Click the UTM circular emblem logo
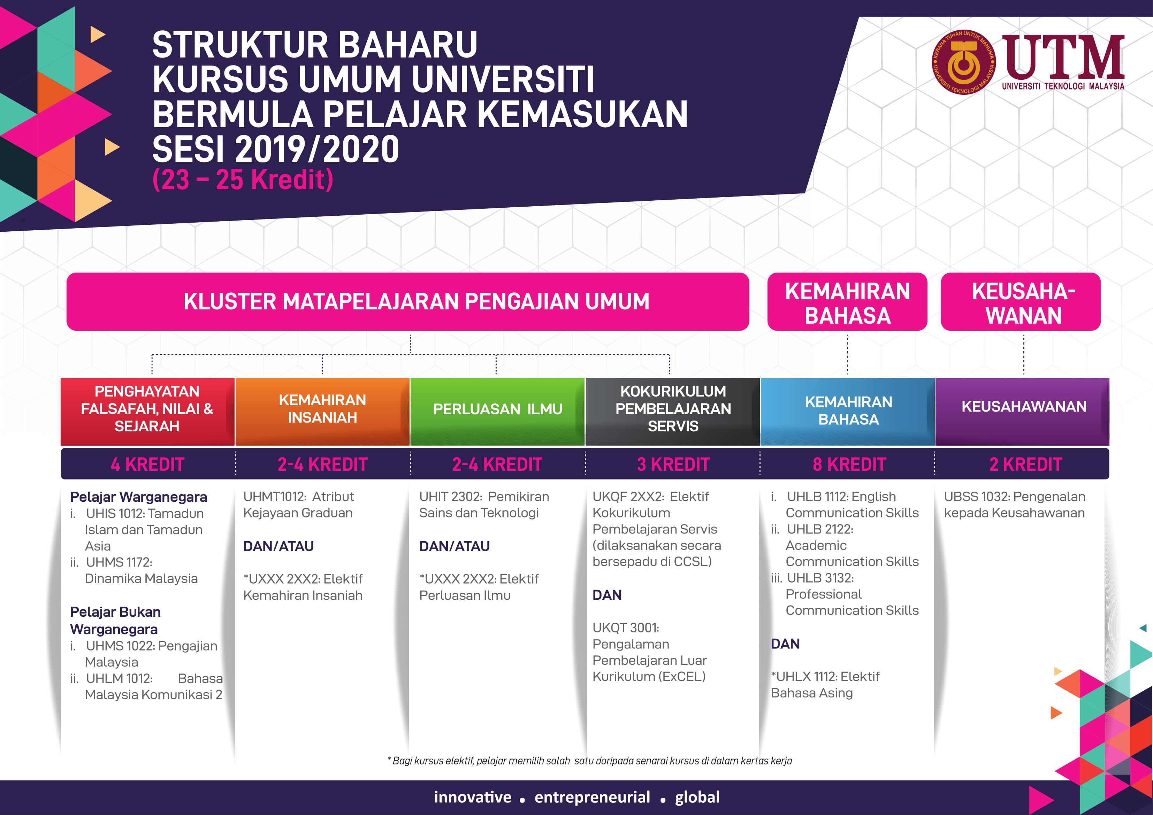pos(963,62)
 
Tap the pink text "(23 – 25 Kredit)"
pos(243,180)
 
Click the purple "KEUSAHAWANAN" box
pos(1023,407)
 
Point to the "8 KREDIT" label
pos(849,464)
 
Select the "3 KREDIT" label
pos(673,464)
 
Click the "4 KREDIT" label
pos(147,464)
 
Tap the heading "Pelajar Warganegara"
pos(139,497)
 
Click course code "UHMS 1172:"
pos(119,562)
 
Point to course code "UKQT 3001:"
pos(626,628)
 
